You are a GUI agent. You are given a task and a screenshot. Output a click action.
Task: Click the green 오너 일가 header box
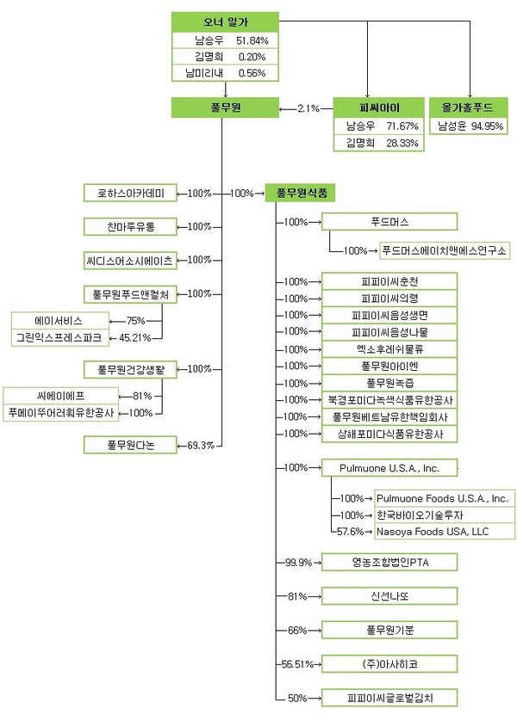pyautogui.click(x=225, y=22)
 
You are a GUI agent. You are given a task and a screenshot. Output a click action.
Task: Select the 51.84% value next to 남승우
pyautogui.click(x=252, y=40)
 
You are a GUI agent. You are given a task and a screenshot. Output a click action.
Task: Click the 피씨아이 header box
pyautogui.click(x=379, y=108)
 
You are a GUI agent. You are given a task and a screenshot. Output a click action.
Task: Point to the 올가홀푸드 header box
pyautogui.click(x=470, y=108)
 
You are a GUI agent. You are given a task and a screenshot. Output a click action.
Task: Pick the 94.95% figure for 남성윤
pyautogui.click(x=488, y=126)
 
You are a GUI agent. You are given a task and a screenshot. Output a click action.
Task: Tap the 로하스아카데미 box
pyautogui.click(x=130, y=193)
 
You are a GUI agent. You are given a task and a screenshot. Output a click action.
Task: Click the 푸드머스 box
pyautogui.click(x=389, y=222)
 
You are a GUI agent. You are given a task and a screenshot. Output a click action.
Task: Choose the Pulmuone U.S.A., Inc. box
pyautogui.click(x=389, y=468)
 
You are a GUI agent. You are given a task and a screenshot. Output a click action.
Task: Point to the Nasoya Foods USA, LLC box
pyautogui.click(x=444, y=532)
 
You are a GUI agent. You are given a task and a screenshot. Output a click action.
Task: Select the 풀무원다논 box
pyautogui.click(x=130, y=445)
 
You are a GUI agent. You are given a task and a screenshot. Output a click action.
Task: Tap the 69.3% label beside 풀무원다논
pyautogui.click(x=200, y=445)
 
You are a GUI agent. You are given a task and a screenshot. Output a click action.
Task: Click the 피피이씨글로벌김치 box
pyautogui.click(x=389, y=697)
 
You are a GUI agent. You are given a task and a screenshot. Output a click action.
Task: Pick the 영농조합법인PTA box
pyautogui.click(x=389, y=563)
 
